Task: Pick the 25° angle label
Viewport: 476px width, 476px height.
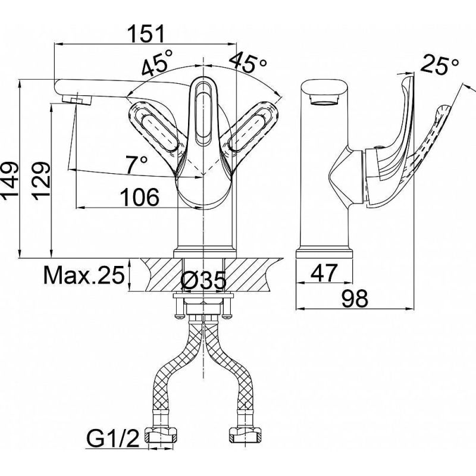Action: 440,64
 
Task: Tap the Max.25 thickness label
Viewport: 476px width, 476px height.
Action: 83,275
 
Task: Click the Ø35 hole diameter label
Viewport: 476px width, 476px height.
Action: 203,279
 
